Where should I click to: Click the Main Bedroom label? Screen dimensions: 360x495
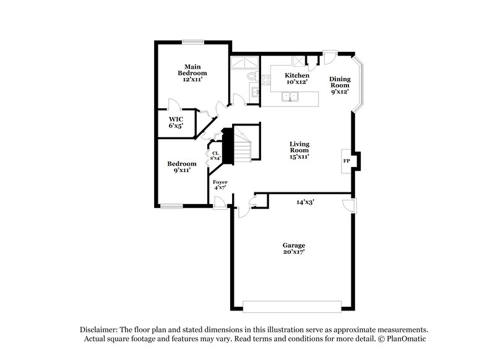pyautogui.click(x=192, y=73)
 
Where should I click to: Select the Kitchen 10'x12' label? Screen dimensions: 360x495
pyautogui.click(x=296, y=79)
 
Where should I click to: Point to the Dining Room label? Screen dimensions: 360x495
pyautogui.click(x=340, y=85)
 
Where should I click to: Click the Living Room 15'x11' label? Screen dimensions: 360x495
pyautogui.click(x=299, y=150)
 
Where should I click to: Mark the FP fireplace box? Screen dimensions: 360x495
pyautogui.click(x=346, y=161)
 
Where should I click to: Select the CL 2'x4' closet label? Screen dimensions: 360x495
pyautogui.click(x=215, y=155)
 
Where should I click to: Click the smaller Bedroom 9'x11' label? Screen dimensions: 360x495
pyautogui.click(x=182, y=167)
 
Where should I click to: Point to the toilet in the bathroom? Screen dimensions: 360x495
pyautogui.click(x=251, y=77)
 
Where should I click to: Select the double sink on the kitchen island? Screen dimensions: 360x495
pyautogui.click(x=290, y=96)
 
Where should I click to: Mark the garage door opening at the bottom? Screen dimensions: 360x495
pyautogui.click(x=291, y=306)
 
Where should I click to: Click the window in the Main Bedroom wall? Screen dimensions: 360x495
pyautogui.click(x=192, y=42)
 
